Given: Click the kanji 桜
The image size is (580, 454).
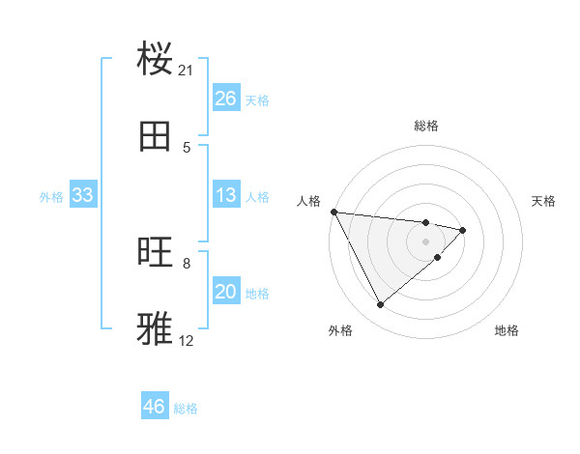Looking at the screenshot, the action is (156, 59).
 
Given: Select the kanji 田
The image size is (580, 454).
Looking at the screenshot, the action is (156, 136).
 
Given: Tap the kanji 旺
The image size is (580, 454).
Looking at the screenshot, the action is (156, 252).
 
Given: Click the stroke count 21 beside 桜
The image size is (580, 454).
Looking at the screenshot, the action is (187, 71).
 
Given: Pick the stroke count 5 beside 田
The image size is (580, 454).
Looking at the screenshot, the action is (187, 147).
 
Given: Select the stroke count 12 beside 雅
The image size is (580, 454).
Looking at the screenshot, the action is (187, 340).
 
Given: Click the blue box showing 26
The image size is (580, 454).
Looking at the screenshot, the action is (226, 99).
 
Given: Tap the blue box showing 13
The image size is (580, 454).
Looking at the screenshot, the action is (226, 195).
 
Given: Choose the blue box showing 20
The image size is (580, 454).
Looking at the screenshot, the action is (226, 292).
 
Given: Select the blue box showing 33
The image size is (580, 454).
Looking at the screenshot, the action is (83, 195).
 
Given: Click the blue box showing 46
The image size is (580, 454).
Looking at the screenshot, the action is (155, 407).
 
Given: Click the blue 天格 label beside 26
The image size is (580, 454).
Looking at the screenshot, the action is (257, 100).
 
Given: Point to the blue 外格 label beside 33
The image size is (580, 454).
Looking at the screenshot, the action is (51, 197).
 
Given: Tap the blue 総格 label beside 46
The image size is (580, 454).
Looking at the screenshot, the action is (186, 409).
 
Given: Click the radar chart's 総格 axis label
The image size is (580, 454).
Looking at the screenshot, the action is (426, 126).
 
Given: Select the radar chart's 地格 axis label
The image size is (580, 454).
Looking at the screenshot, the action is (507, 331).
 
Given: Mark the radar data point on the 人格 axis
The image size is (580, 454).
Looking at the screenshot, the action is (333, 212).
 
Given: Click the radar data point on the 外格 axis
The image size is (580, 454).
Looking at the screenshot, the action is (380, 305).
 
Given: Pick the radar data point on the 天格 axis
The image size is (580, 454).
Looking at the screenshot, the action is (464, 230).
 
